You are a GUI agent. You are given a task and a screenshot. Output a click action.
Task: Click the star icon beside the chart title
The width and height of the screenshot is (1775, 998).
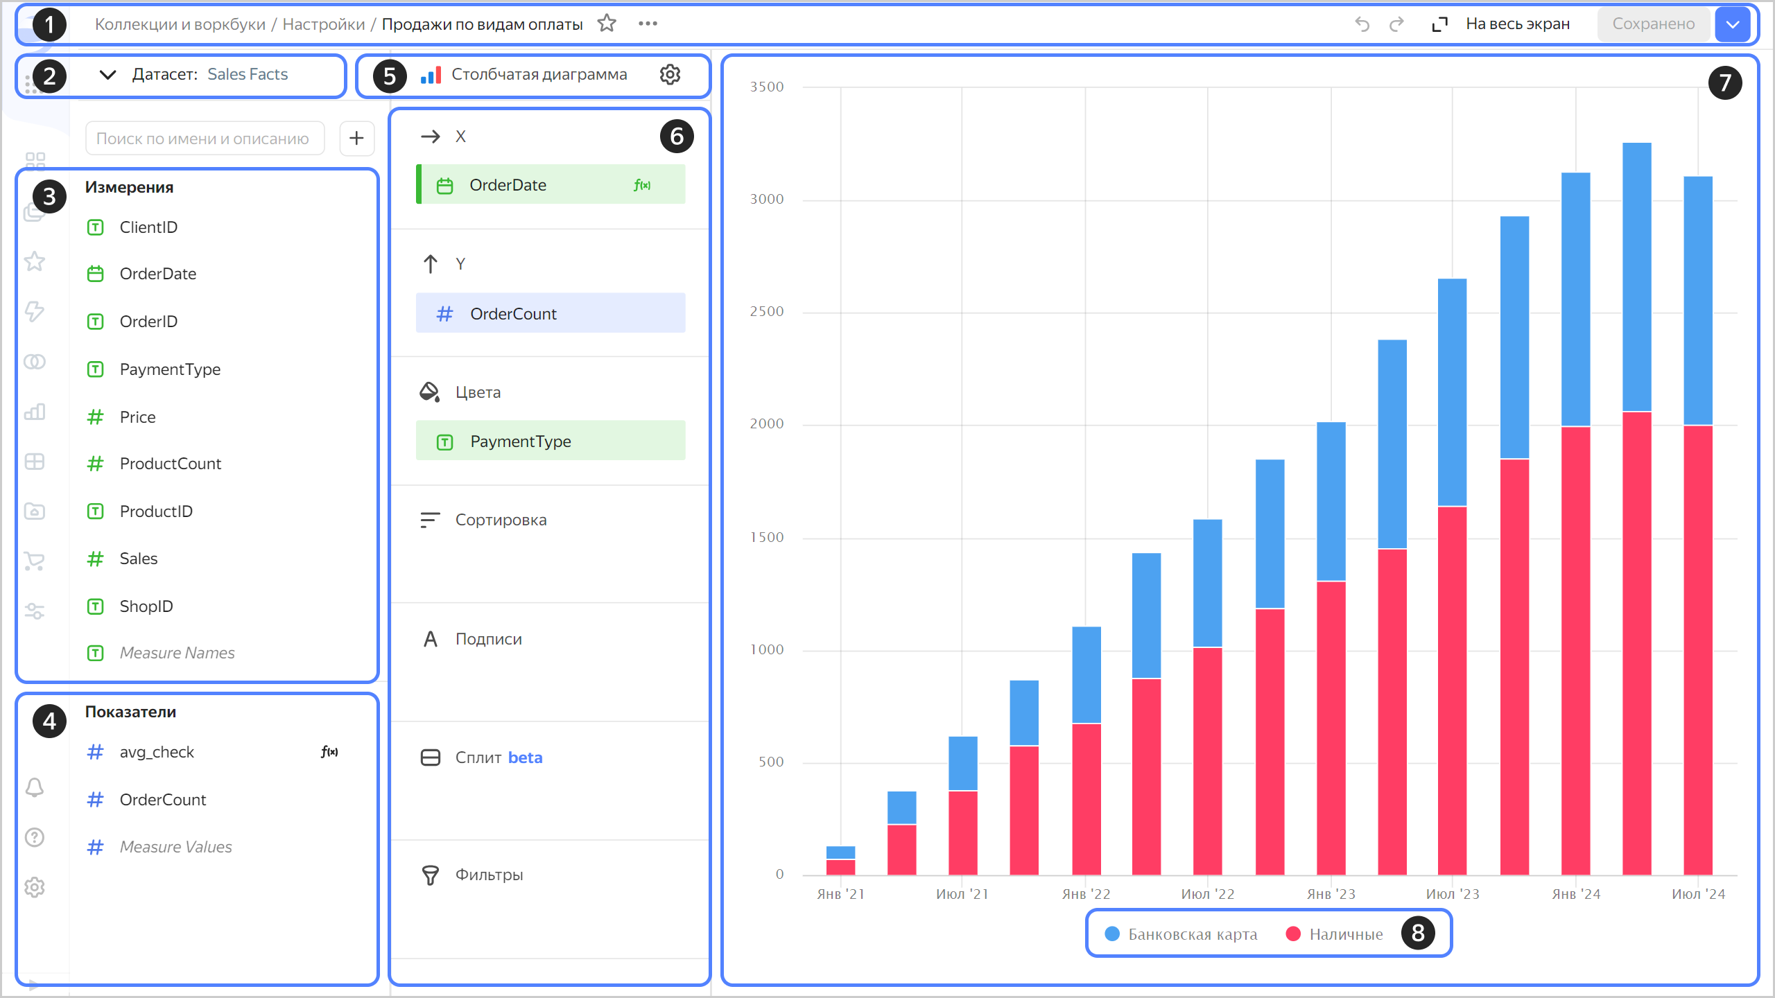click(607, 24)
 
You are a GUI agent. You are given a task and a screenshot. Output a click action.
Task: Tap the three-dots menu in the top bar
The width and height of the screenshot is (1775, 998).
click(648, 24)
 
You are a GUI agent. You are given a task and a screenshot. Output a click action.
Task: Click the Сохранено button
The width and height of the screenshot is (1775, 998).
click(1653, 24)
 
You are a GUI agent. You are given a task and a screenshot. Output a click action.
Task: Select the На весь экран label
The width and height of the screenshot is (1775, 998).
click(1517, 24)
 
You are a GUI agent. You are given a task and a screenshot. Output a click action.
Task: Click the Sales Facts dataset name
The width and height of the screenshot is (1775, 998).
click(248, 75)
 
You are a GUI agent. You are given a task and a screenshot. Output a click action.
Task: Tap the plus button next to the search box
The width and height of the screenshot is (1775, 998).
click(356, 139)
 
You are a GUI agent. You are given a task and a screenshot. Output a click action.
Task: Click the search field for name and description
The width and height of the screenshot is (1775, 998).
click(204, 139)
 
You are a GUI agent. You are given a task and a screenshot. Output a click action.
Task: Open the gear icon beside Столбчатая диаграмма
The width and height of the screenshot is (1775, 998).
click(670, 75)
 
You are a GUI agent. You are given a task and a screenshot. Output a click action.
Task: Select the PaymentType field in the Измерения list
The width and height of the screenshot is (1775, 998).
click(170, 369)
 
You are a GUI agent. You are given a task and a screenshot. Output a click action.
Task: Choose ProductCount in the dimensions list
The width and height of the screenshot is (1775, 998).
click(170, 464)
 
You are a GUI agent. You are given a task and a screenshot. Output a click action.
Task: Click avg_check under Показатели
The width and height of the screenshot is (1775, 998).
click(157, 752)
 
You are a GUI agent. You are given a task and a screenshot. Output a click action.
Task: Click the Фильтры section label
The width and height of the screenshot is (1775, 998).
click(489, 875)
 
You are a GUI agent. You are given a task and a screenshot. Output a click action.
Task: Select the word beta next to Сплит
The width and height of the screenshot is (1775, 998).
click(525, 758)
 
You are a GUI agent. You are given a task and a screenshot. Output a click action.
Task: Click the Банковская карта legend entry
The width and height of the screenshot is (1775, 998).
click(1192, 934)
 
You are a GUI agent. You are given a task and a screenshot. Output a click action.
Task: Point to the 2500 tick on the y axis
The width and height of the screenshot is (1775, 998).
click(766, 312)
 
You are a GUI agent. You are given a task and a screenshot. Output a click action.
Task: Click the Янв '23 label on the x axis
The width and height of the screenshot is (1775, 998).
click(1331, 894)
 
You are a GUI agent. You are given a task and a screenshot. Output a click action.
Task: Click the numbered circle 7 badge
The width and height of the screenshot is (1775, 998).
click(1725, 83)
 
